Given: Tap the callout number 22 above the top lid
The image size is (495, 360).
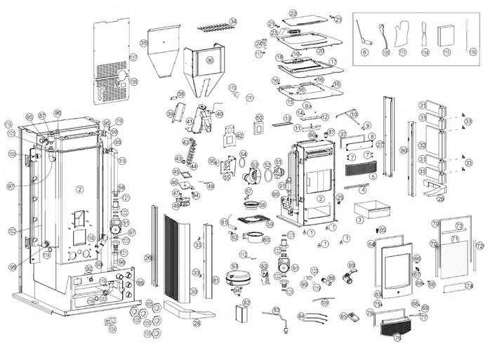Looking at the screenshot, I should coord(293,13).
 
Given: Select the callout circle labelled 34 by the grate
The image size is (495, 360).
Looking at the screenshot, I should coord(233,22).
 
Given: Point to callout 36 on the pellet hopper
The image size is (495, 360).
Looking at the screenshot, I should coord(209,60).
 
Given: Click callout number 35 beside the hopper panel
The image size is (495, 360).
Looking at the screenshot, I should coord(144,44).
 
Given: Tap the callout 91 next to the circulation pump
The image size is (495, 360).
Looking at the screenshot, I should coord(296,267).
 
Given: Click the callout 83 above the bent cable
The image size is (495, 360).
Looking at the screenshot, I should coord(276,309).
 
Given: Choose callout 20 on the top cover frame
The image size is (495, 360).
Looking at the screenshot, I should coord(319,51).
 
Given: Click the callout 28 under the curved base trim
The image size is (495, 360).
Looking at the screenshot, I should coord(197,324).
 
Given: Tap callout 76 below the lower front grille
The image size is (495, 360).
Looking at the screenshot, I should coord(397,338).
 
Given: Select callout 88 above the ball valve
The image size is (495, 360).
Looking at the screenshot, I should coord(351,265).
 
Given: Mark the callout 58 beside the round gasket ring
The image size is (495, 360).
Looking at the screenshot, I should coord(263,205).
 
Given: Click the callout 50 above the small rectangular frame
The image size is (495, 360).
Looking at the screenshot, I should coord(258,118).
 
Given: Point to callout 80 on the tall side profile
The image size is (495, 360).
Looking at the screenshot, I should coord(404,150).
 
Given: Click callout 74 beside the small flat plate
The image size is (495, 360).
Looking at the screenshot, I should coord(470,286).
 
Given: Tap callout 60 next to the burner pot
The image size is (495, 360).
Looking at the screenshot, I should coord(266,239).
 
